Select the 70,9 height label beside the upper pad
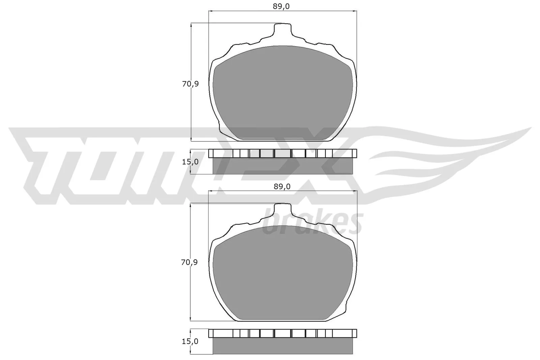(x=190, y=84)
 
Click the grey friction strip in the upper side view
(x=282, y=166)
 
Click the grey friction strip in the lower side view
(x=282, y=346)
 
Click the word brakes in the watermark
(x=312, y=223)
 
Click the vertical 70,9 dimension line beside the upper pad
(x=191, y=111)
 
